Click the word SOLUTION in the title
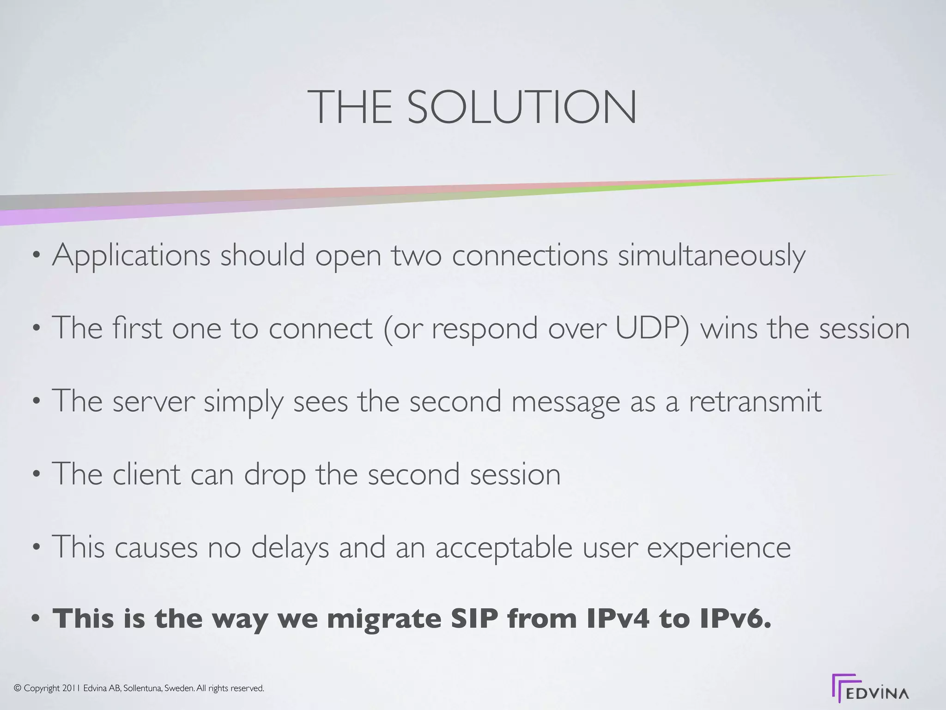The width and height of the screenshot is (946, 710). [x=522, y=107]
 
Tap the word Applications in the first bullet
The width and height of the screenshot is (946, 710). [x=131, y=256]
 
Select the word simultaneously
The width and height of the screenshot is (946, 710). [x=711, y=256]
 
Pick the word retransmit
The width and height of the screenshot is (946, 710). [x=755, y=401]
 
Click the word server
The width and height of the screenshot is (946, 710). [x=153, y=401]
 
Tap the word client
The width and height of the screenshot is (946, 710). [x=146, y=474]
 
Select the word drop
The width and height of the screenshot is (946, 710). [x=274, y=475]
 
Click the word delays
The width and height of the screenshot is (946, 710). [x=290, y=547]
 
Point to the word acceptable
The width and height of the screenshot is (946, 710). [x=504, y=548]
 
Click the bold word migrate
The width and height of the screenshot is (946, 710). [x=384, y=619]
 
